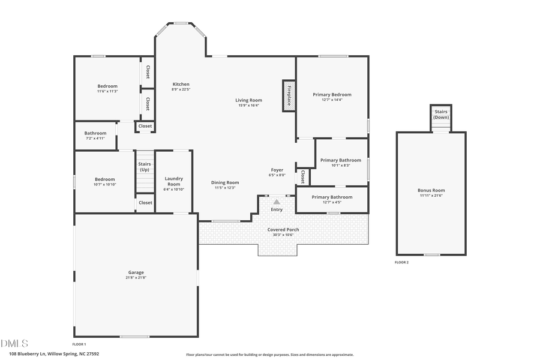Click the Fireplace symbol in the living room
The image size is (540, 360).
pyautogui.click(x=289, y=95)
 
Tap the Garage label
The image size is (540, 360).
pyautogui.click(x=136, y=272)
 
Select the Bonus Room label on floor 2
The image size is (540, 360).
pyautogui.click(x=431, y=190)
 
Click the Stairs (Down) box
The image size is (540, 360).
pyautogui.click(x=441, y=115)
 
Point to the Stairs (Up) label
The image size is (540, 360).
pyautogui.click(x=145, y=167)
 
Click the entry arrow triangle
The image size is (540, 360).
pyautogui.click(x=277, y=202)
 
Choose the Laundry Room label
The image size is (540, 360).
pyautogui.click(x=173, y=181)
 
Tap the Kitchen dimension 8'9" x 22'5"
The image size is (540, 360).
pyautogui.click(x=181, y=89)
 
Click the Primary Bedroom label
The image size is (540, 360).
pyautogui.click(x=332, y=94)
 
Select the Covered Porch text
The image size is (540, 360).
pyautogui.click(x=283, y=229)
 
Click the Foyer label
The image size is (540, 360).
pyautogui.click(x=277, y=170)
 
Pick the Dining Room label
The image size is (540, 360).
pyautogui.click(x=225, y=182)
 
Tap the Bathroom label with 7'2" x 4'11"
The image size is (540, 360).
pyautogui.click(x=95, y=133)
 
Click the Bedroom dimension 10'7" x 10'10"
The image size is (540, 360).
pyautogui.click(x=104, y=184)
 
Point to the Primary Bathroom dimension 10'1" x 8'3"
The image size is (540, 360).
pyautogui.click(x=340, y=165)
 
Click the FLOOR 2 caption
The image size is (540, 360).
pyautogui.click(x=401, y=263)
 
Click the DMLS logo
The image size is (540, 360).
pyautogui.click(x=14, y=343)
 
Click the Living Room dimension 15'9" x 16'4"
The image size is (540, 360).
pyautogui.click(x=248, y=106)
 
